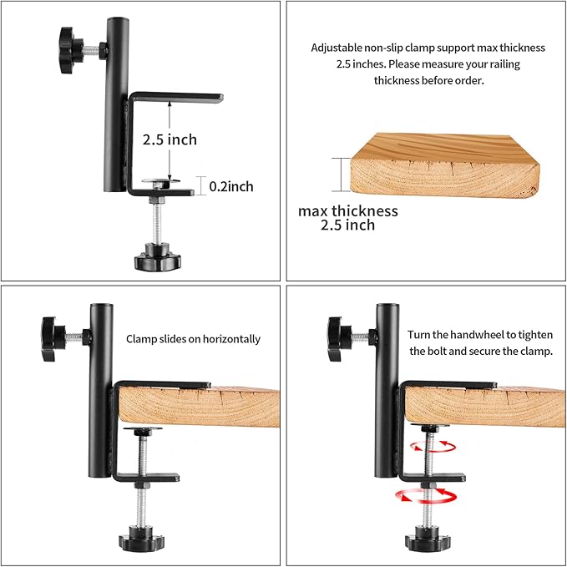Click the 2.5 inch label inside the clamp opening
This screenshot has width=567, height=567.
[170, 139]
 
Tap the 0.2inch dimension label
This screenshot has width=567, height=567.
[231, 186]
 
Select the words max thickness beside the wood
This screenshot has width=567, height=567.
[348, 210]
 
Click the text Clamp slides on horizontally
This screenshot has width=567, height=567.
[193, 339]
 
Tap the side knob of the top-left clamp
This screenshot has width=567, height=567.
[72, 50]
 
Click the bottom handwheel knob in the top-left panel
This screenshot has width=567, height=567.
[158, 257]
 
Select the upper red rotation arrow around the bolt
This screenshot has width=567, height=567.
[433, 446]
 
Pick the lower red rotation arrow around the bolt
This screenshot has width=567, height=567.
[426, 496]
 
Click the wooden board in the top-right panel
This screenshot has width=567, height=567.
[445, 165]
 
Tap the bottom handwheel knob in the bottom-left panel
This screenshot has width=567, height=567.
[141, 539]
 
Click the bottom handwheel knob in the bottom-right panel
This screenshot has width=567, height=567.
[428, 539]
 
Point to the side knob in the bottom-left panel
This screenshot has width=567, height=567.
[53, 339]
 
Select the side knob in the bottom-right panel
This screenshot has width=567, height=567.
[339, 339]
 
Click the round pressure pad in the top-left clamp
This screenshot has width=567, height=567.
[160, 181]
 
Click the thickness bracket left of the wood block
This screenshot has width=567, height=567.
[341, 175]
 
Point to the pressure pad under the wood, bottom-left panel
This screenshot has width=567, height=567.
[143, 430]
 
